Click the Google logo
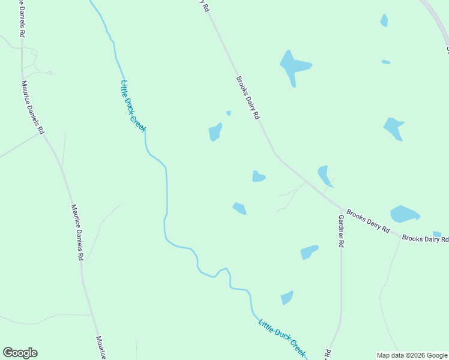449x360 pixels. click(x=20, y=353)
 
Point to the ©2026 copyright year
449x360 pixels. click(x=415, y=355)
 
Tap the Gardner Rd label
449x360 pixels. click(x=341, y=231)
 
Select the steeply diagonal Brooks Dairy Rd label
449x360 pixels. click(x=247, y=97)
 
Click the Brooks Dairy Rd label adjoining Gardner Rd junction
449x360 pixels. click(x=368, y=222)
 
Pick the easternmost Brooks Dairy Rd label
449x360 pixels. click(x=425, y=239)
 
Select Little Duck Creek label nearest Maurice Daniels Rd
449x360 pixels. click(x=133, y=101)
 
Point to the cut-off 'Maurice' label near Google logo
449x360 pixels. click(x=101, y=347)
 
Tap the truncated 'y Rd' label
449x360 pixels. click(x=205, y=6)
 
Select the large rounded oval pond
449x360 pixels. click(x=404, y=214)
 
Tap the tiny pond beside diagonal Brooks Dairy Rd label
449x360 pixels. click(x=229, y=113)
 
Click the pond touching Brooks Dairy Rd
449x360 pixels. click(x=325, y=175)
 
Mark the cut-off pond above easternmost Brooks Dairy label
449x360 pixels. click(x=437, y=234)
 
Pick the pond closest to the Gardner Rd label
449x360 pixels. click(x=309, y=252)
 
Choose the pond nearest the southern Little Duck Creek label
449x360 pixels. click(x=287, y=298)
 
